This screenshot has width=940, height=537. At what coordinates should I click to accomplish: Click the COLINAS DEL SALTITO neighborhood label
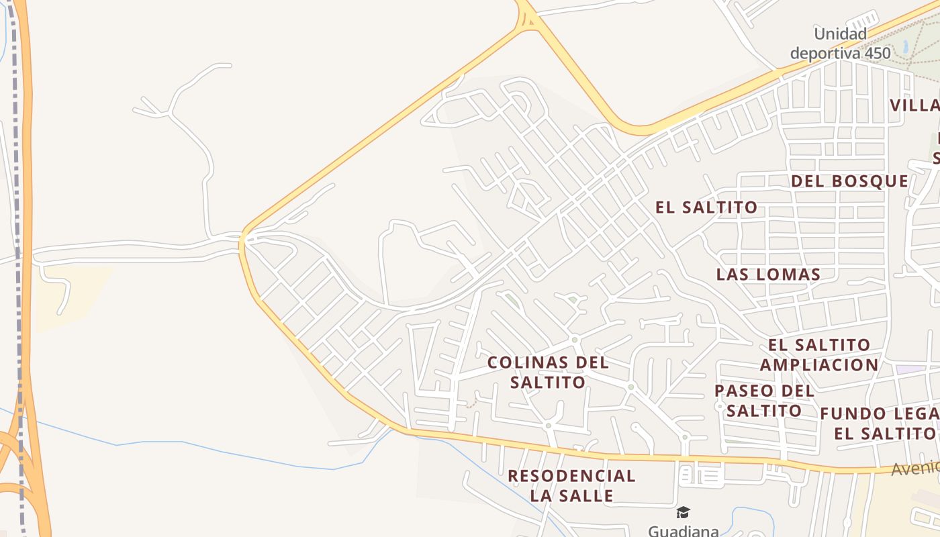pyautogui.click(x=548, y=373)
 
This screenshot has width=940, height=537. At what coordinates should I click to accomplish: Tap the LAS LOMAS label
pyautogui.click(x=768, y=275)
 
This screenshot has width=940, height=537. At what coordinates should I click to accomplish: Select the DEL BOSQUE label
pyautogui.click(x=849, y=181)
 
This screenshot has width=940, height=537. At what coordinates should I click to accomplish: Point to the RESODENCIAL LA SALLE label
pyautogui.click(x=571, y=486)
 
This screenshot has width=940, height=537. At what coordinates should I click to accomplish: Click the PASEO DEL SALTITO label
pyautogui.click(x=764, y=401)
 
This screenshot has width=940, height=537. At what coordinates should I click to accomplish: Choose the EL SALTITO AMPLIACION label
pyautogui.click(x=819, y=355)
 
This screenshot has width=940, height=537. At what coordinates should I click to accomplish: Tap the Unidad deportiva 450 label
pyautogui.click(x=841, y=44)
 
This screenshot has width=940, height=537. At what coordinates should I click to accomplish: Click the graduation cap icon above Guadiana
pyautogui.click(x=683, y=513)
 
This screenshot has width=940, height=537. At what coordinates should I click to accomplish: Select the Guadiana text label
pyautogui.click(x=683, y=530)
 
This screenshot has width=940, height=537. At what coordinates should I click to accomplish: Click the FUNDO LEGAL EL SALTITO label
pyautogui.click(x=880, y=424)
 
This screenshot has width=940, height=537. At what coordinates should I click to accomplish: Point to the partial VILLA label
pyautogui.click(x=914, y=105)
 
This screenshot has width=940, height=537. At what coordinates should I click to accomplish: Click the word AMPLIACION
pyautogui.click(x=819, y=365)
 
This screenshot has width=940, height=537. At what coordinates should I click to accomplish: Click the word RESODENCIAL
pyautogui.click(x=571, y=477)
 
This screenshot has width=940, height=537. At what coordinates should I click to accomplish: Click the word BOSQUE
pyautogui.click(x=869, y=181)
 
